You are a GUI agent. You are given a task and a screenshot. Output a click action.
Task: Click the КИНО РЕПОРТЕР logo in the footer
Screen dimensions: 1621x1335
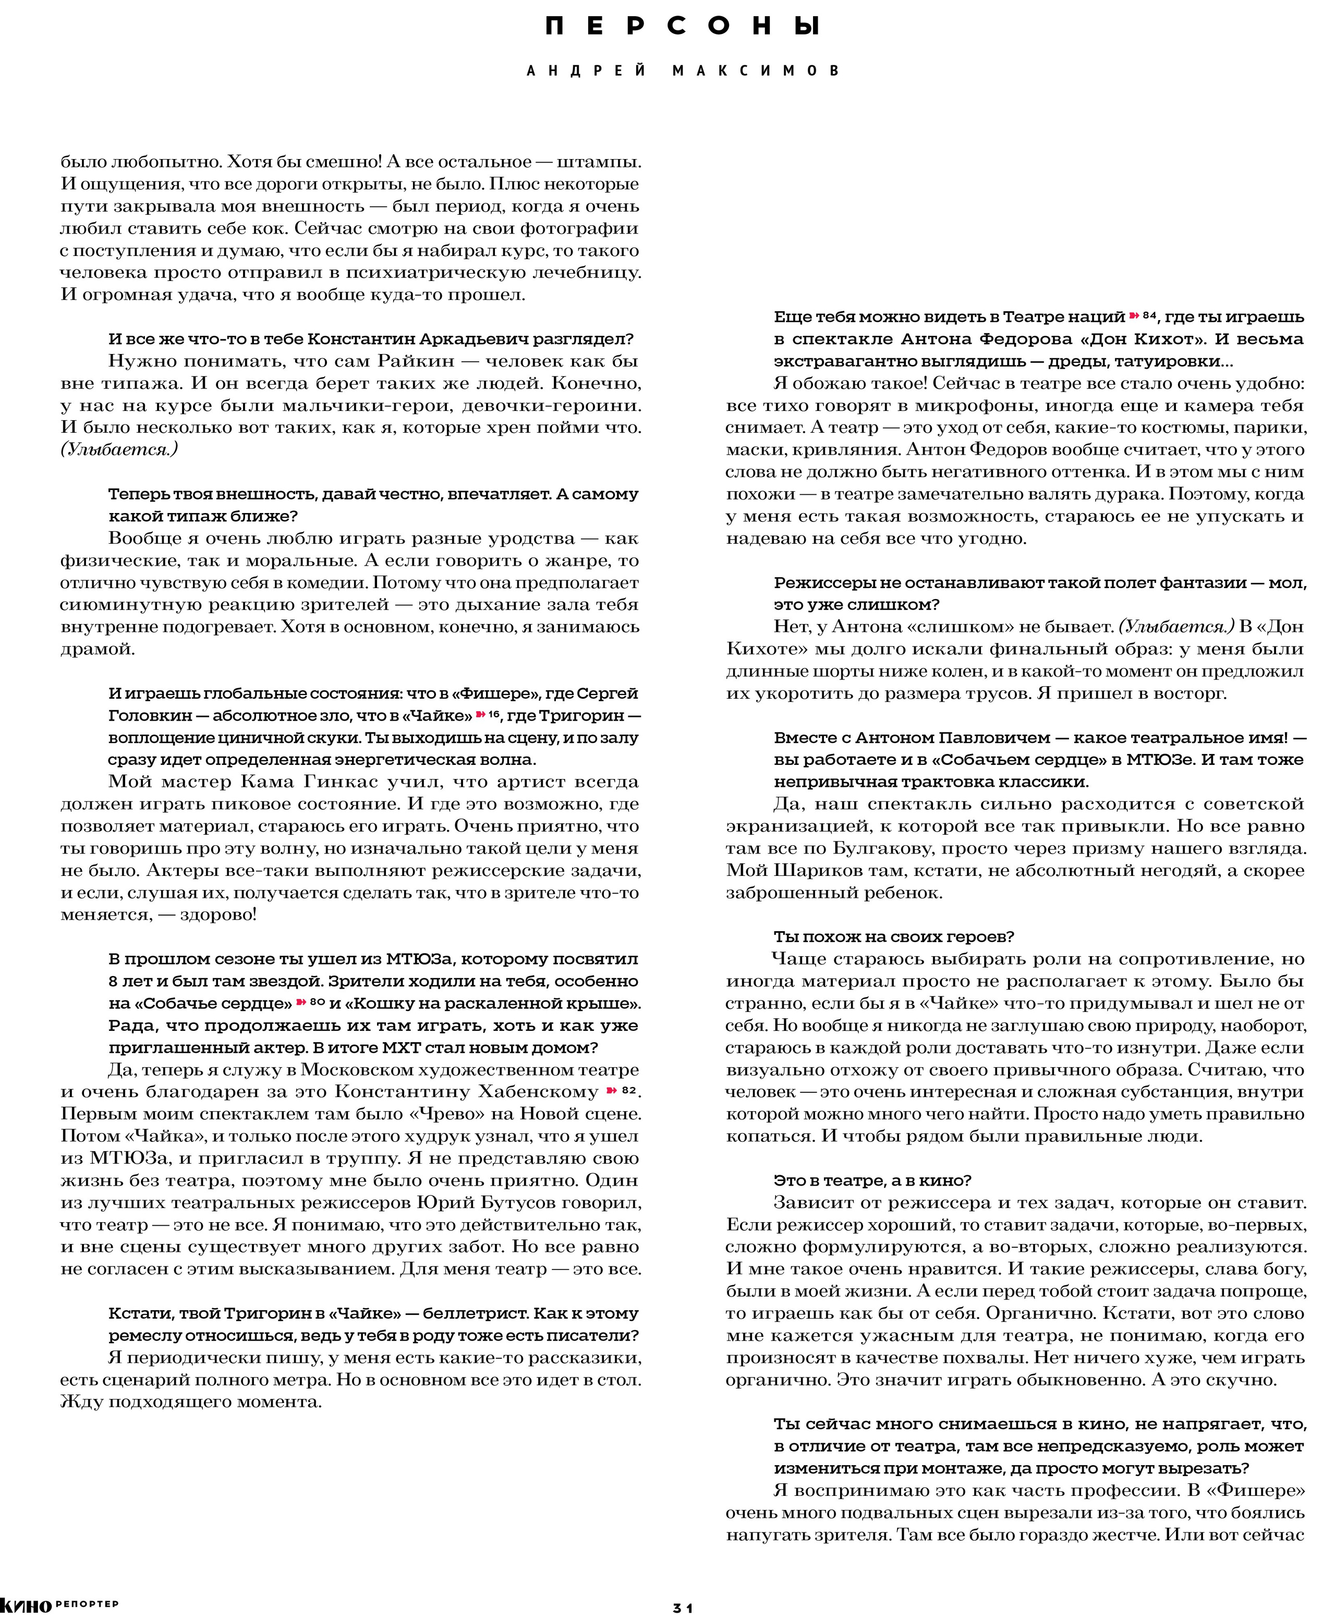(58, 1605)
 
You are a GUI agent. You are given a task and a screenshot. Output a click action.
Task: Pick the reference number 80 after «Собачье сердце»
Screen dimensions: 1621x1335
(317, 1002)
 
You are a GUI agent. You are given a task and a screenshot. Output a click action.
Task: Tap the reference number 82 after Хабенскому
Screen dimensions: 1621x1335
(629, 1090)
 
